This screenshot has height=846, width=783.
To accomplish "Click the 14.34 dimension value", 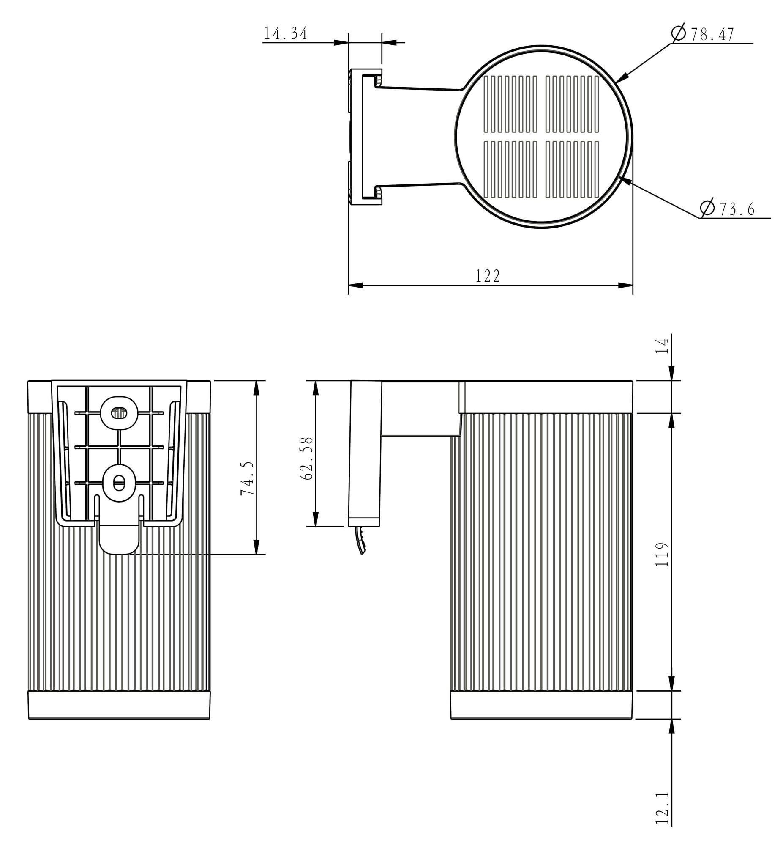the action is pyautogui.click(x=286, y=34).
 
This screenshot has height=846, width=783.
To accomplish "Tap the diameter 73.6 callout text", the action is pyautogui.click(x=728, y=209).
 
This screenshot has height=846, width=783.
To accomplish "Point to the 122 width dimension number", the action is pyautogui.click(x=488, y=276).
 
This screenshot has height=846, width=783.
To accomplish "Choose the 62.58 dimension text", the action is pyautogui.click(x=306, y=458).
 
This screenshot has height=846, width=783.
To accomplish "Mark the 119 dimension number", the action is pyautogui.click(x=662, y=554).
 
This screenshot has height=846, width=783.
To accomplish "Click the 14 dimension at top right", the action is pyautogui.click(x=662, y=346).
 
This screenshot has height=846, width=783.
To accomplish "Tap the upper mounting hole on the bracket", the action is pyautogui.click(x=119, y=412).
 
